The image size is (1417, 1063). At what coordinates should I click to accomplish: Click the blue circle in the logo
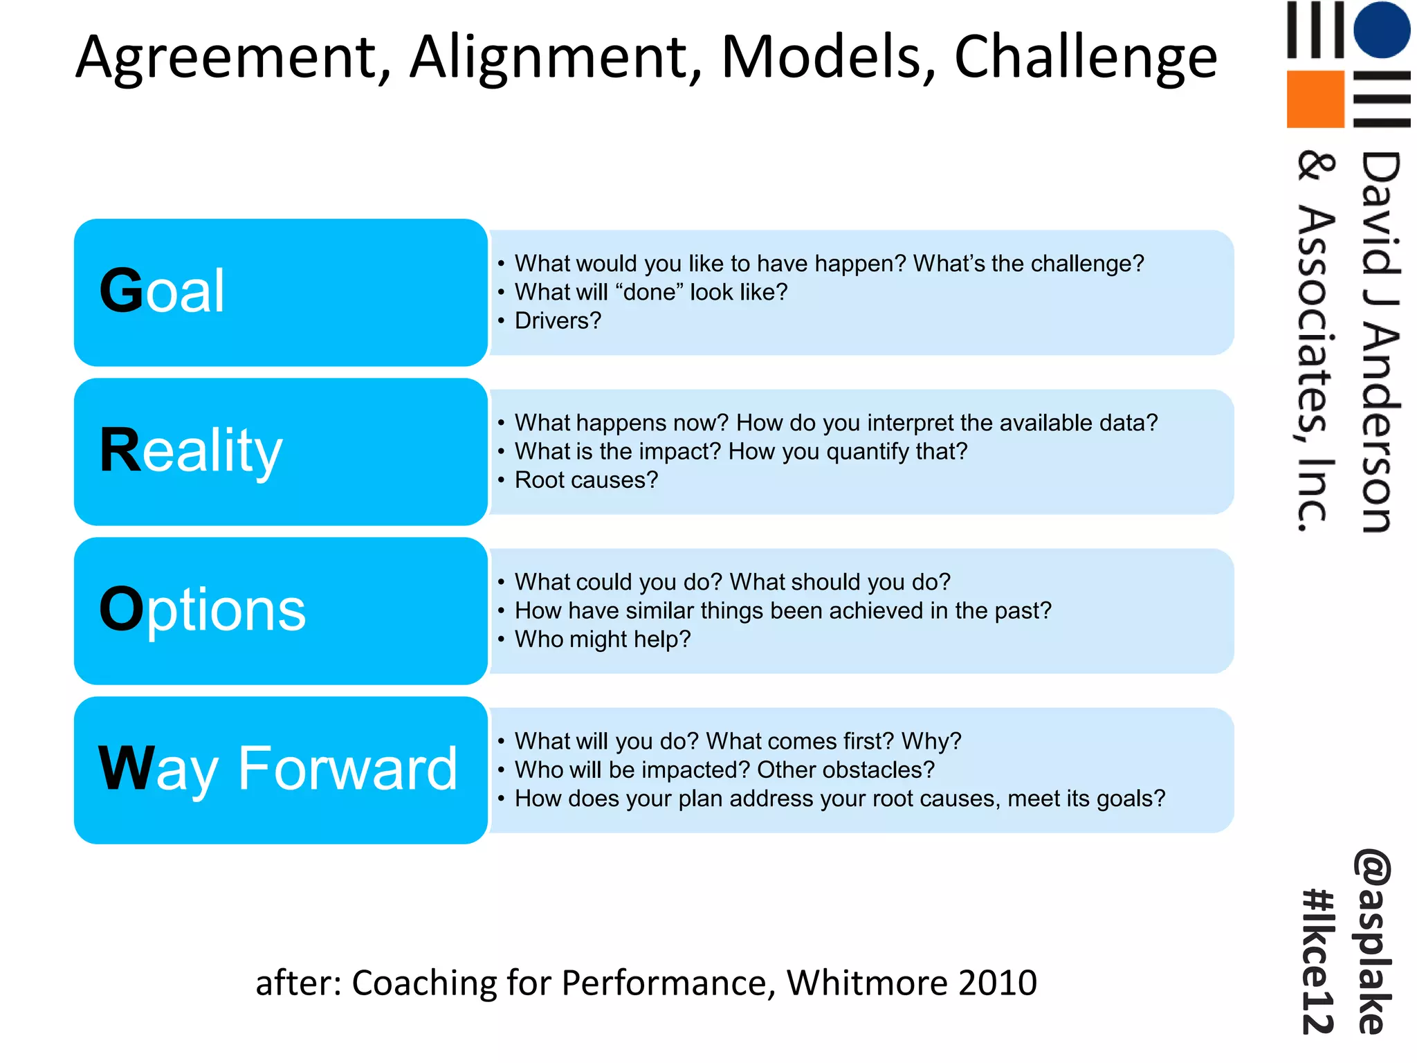pyautogui.click(x=1381, y=29)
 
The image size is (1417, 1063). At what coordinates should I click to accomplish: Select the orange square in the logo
pyautogui.click(x=1315, y=99)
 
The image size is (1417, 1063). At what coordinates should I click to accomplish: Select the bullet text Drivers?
pyautogui.click(x=558, y=321)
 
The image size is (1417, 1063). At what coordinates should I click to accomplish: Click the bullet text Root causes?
pyautogui.click(x=586, y=480)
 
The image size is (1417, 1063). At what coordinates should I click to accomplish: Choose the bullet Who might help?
pyautogui.click(x=602, y=639)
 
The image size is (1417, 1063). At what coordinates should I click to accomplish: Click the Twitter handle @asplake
pyautogui.click(x=1373, y=941)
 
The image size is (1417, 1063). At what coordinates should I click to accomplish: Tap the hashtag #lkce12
pyautogui.click(x=1319, y=962)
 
